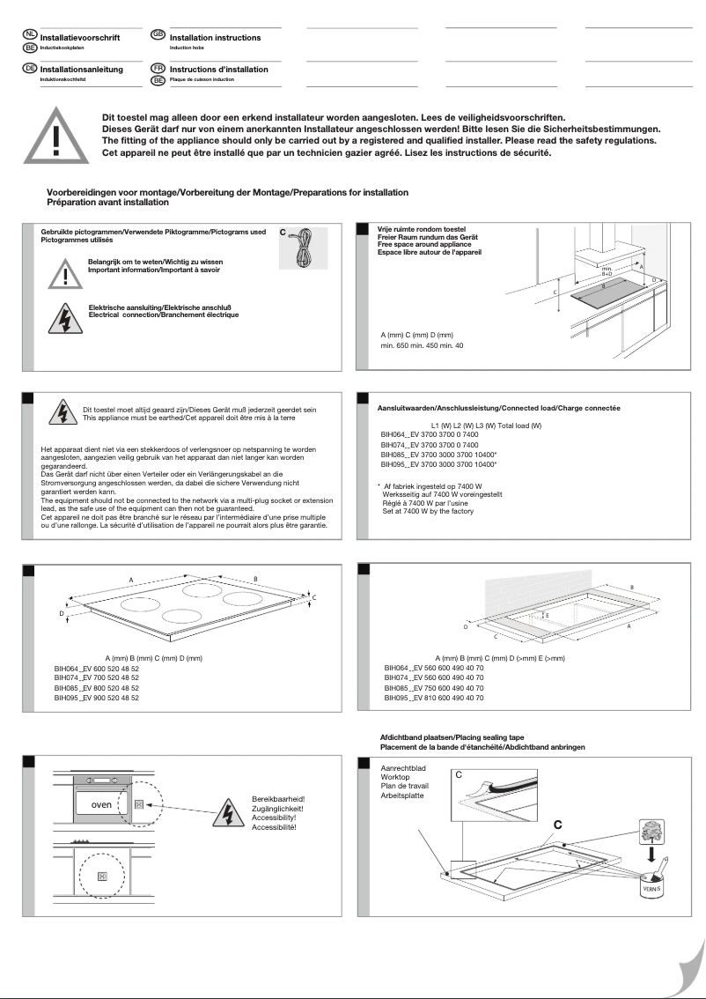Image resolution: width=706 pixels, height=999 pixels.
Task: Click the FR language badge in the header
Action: [x=158, y=67]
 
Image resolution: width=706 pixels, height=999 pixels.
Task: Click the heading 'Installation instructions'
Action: [x=215, y=38]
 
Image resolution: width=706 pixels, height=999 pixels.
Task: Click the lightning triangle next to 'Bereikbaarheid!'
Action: [x=224, y=812]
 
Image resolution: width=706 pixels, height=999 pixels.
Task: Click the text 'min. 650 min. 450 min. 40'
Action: [x=422, y=345]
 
